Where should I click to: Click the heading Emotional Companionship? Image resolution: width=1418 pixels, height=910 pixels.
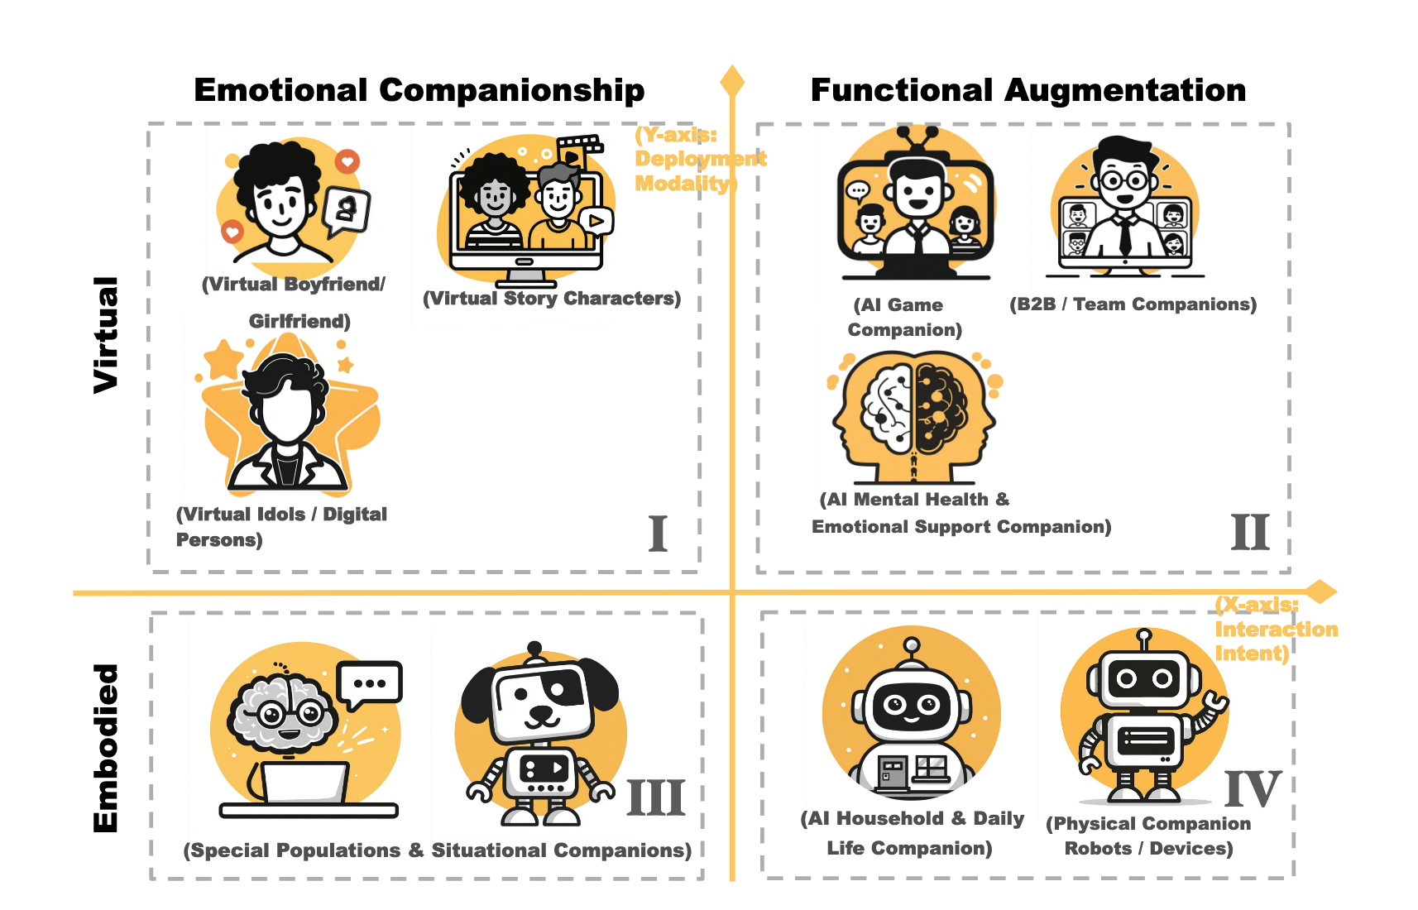(x=419, y=90)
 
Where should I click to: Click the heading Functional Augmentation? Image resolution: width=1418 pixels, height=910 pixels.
(x=1028, y=90)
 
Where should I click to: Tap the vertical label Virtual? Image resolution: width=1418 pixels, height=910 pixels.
(x=106, y=334)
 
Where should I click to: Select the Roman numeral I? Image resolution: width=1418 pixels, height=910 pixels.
(x=658, y=534)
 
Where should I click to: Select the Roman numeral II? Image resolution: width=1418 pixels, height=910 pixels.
(x=1249, y=533)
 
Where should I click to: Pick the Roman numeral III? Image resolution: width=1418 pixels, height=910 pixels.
(x=656, y=798)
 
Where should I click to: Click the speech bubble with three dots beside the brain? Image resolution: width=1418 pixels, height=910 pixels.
(x=370, y=684)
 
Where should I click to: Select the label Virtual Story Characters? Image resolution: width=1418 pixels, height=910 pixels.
(x=552, y=299)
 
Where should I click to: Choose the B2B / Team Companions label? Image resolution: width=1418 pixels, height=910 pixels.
(x=1133, y=304)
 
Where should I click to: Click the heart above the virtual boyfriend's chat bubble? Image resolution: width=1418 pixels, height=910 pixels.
(x=347, y=161)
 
